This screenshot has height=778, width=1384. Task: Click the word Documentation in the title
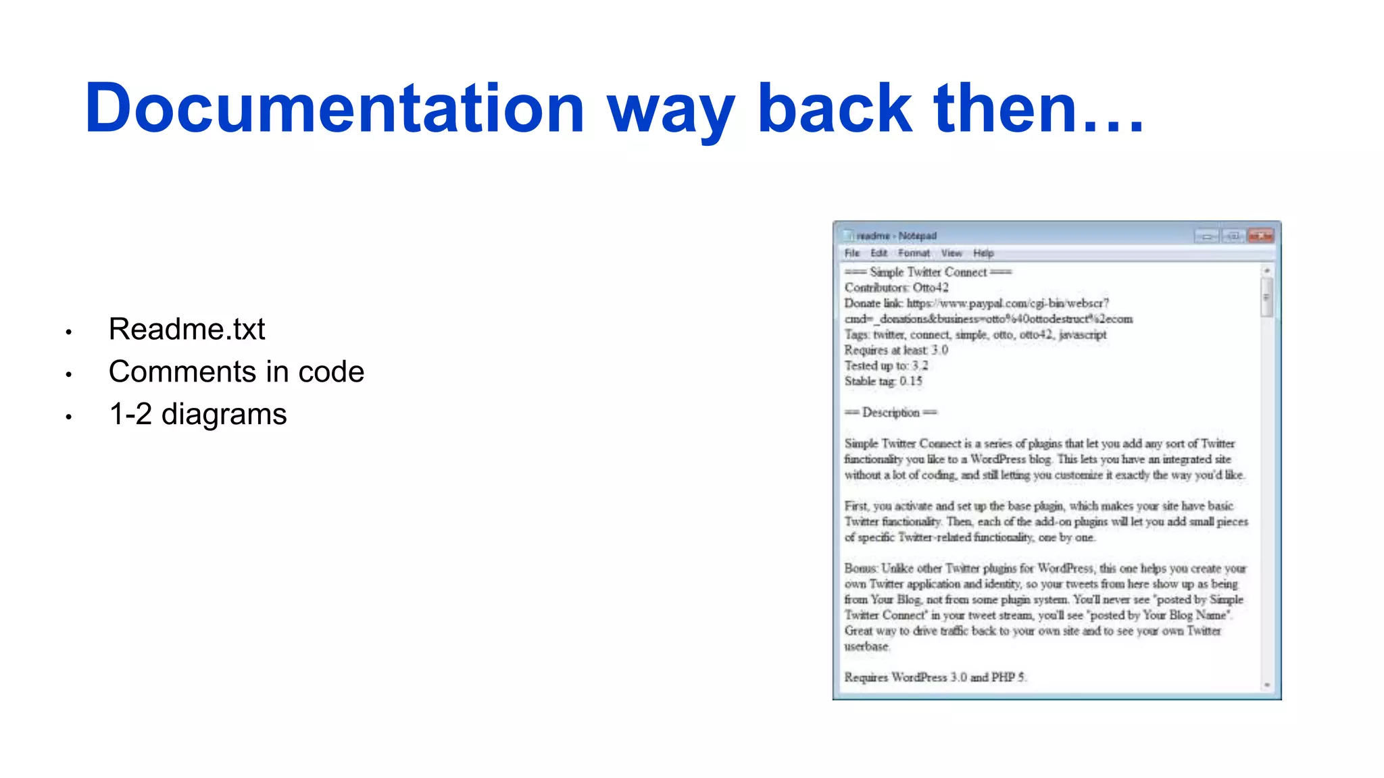335,108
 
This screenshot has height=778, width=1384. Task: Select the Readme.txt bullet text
187,330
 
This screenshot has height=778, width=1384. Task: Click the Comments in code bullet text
237,372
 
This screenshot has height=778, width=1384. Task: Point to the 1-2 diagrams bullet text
198,415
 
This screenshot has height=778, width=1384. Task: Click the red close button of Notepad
1260,236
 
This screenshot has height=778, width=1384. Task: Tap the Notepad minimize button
1206,236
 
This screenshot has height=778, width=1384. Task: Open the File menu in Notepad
852,253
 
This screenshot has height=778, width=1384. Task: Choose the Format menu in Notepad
914,253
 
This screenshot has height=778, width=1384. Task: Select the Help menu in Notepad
983,253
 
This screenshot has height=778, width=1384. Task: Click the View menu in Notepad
951,253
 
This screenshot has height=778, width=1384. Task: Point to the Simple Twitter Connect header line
928,272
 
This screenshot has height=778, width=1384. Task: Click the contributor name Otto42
931,288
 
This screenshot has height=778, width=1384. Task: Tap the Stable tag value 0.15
911,382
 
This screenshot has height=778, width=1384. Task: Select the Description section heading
891,413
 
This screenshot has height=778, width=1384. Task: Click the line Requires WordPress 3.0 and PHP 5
935,677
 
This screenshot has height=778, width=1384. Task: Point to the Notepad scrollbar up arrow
1267,271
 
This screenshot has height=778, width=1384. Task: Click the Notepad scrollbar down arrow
1267,685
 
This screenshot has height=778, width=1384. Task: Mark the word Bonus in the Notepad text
860,569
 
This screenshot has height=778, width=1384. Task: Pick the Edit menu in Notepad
879,253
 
